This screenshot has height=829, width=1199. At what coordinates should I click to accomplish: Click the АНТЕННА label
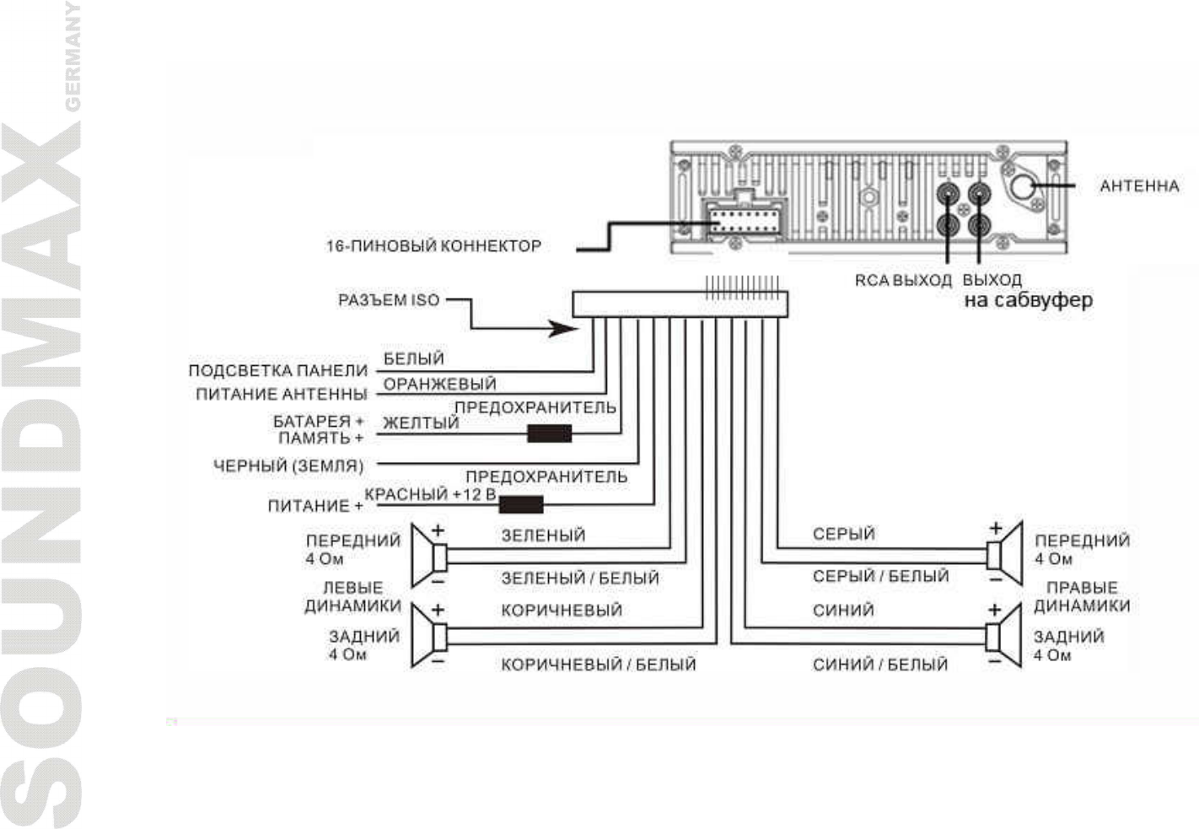(1138, 186)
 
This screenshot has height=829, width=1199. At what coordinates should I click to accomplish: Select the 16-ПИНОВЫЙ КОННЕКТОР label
(433, 246)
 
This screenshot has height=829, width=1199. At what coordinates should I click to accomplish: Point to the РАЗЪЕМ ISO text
(389, 300)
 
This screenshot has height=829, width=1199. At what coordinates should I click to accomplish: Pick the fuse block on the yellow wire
(549, 433)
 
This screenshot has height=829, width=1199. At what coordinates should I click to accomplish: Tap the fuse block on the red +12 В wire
(520, 505)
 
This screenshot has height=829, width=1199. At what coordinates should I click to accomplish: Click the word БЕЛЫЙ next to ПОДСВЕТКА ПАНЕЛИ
(413, 359)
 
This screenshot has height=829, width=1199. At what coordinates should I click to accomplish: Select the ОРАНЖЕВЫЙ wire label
(439, 385)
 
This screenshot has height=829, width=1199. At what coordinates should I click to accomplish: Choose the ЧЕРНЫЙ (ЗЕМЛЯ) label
(288, 466)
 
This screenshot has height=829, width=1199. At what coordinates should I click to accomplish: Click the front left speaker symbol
(429, 556)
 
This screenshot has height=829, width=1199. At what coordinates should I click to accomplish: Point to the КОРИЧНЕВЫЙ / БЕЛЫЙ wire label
(598, 665)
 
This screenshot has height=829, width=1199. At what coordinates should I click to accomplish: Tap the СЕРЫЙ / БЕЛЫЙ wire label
(880, 576)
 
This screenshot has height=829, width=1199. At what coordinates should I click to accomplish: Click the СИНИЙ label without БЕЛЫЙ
(843, 611)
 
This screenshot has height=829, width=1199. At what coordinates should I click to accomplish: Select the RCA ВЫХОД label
(902, 281)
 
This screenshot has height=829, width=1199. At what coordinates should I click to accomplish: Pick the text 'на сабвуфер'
(1028, 300)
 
